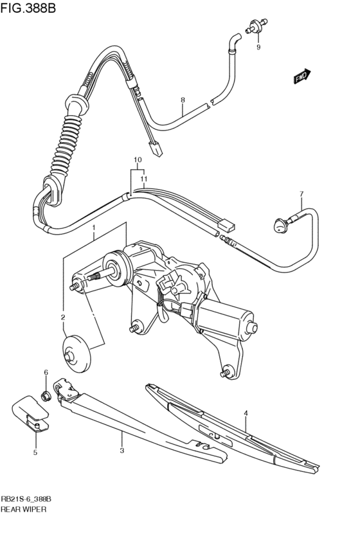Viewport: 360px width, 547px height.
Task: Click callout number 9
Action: (258, 48)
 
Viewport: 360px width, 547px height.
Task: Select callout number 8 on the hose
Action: (183, 100)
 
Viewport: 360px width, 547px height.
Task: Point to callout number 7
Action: (300, 193)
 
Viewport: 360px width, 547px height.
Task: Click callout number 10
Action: (136, 159)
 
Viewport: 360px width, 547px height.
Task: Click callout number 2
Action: (63, 317)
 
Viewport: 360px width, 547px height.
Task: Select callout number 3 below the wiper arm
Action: (122, 451)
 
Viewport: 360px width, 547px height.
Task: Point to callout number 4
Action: (245, 413)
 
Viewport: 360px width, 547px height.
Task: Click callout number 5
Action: (35, 453)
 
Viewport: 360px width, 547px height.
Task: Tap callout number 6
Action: (46, 372)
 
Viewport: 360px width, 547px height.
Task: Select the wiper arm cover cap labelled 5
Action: (28, 412)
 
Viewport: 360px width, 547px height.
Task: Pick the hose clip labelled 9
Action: (256, 26)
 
